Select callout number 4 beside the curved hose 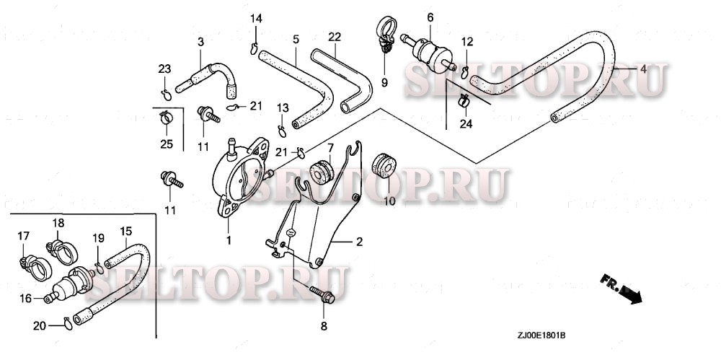643,69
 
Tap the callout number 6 430,17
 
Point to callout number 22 335,37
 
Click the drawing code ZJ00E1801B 541,335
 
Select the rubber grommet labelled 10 385,167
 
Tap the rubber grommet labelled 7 320,172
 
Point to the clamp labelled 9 385,35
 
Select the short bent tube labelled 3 209,75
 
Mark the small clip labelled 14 255,48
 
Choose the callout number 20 39,325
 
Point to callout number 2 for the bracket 358,242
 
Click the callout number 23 165,69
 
